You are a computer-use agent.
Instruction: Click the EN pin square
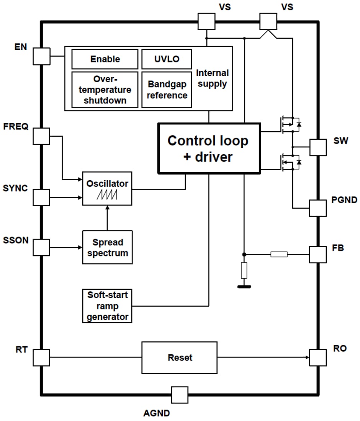click(x=41, y=56)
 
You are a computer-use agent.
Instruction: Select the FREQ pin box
click(x=41, y=136)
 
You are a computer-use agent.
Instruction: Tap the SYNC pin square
click(x=41, y=198)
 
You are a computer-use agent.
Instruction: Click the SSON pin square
click(x=41, y=247)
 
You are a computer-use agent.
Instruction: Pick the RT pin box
click(x=41, y=357)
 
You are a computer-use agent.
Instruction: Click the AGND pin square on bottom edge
click(x=180, y=395)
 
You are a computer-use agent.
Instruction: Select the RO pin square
click(x=317, y=357)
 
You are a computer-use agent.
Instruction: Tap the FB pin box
click(x=317, y=254)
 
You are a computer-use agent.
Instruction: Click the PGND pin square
click(x=317, y=208)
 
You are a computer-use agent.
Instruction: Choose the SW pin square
click(x=317, y=147)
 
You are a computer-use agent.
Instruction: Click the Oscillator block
click(x=107, y=188)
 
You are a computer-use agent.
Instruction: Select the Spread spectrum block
click(x=107, y=247)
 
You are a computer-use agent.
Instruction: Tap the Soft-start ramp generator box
click(x=107, y=306)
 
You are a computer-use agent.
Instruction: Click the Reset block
click(x=179, y=357)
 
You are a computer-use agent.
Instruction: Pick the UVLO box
click(x=167, y=59)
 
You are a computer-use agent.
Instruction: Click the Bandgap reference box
click(x=167, y=90)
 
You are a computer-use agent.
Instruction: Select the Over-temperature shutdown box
click(x=105, y=90)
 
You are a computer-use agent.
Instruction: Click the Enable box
click(x=105, y=59)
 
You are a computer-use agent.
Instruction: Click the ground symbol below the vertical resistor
click(x=244, y=286)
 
